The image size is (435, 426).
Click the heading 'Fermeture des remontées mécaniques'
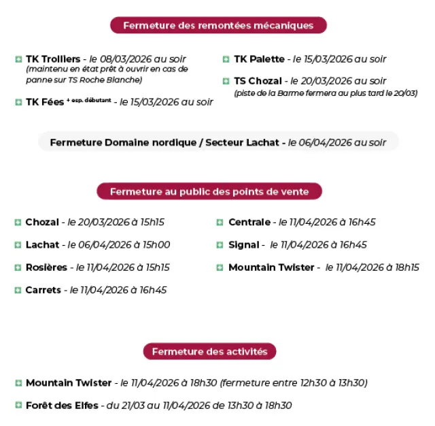(x=218, y=26)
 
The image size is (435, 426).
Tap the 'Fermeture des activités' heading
(x=209, y=352)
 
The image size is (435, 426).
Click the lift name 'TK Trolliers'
(x=53, y=59)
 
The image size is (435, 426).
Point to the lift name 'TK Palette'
(x=259, y=59)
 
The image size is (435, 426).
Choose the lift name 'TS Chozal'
(x=258, y=81)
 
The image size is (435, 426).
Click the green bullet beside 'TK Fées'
(x=18, y=102)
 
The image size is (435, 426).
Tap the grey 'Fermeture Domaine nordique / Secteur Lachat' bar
(x=217, y=143)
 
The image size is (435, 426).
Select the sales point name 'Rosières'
(x=46, y=267)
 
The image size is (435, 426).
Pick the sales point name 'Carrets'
(x=43, y=290)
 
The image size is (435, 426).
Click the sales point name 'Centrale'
(x=249, y=223)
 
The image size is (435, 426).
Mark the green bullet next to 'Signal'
(x=220, y=245)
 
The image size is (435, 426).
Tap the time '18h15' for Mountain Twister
(x=406, y=267)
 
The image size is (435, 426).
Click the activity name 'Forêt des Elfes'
(x=62, y=405)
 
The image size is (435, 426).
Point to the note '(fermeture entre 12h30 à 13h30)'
(x=294, y=383)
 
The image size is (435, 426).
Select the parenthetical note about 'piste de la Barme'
(x=326, y=93)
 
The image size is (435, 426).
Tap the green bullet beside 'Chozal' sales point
(x=18, y=223)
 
